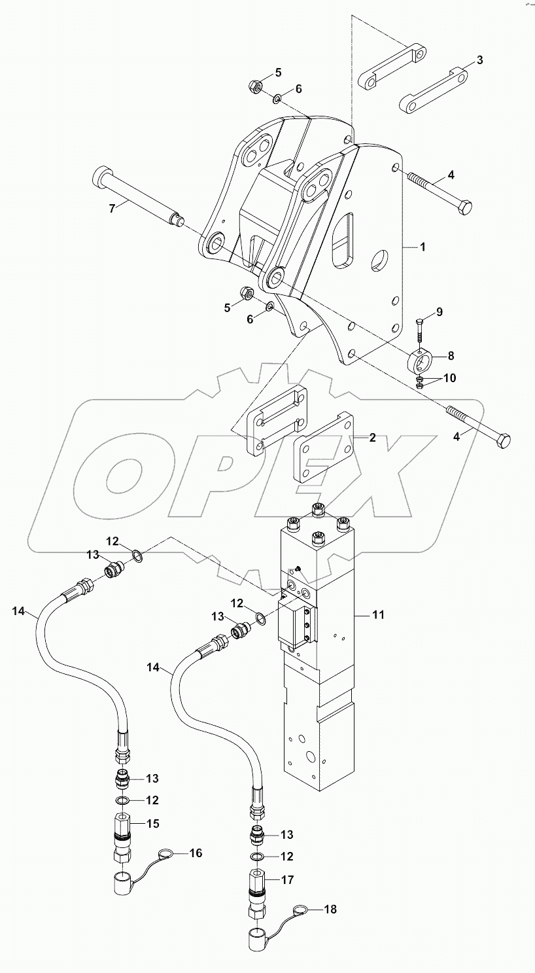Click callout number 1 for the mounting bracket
coord(423,247)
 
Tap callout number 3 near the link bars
coord(479,60)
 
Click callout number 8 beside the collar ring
coord(450,355)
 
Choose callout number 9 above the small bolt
coord(439,311)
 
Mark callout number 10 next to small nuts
coord(450,378)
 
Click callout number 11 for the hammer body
coord(379,614)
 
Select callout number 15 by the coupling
coord(152,823)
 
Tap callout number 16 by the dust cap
coord(196,853)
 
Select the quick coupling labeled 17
coord(256,891)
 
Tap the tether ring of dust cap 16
coord(166,854)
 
